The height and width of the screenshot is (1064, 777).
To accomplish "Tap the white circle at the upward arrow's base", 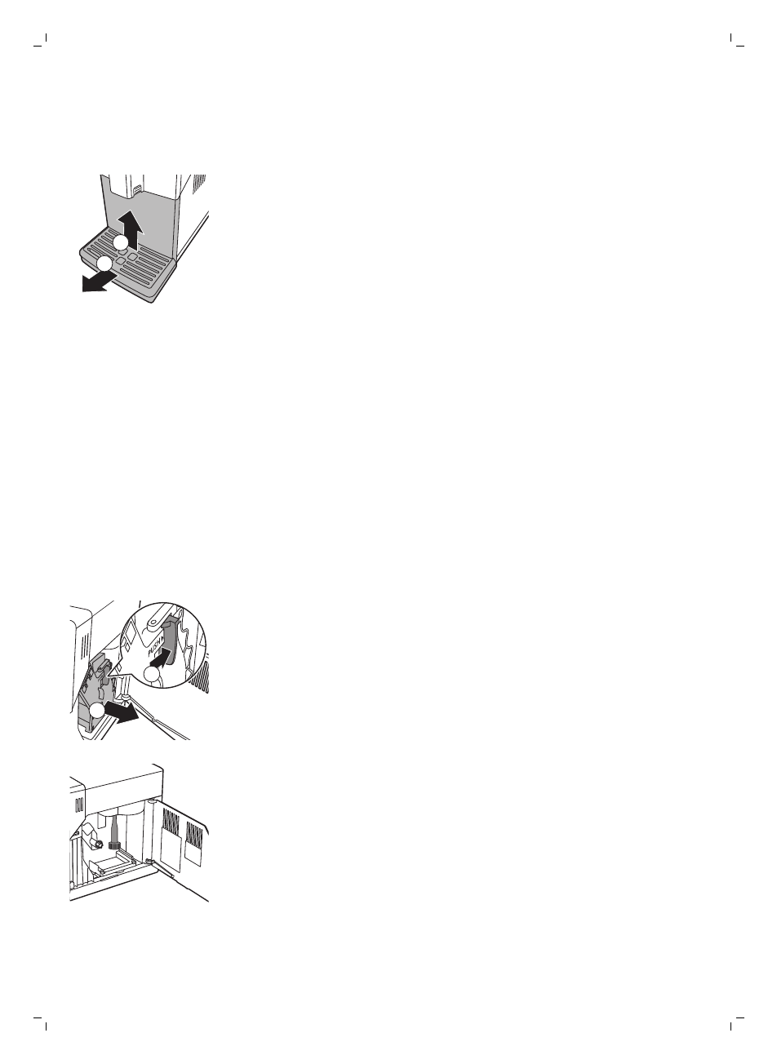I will click(x=121, y=242).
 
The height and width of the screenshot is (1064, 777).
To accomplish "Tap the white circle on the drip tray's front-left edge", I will click(x=104, y=263).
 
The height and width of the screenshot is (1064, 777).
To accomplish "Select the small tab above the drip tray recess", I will click(x=135, y=189).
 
